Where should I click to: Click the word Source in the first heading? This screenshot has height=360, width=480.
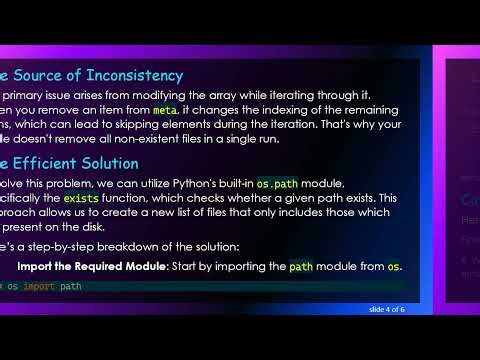pyautogui.click(x=37, y=75)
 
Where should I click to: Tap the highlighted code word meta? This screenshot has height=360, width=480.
pyautogui.click(x=165, y=109)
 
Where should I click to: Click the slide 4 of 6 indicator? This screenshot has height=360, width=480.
pyautogui.click(x=386, y=309)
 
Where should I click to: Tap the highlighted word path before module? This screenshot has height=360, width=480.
pyautogui.click(x=300, y=267)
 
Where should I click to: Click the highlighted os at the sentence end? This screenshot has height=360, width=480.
pyautogui.click(x=394, y=267)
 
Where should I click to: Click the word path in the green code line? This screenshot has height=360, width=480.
pyautogui.click(x=70, y=286)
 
